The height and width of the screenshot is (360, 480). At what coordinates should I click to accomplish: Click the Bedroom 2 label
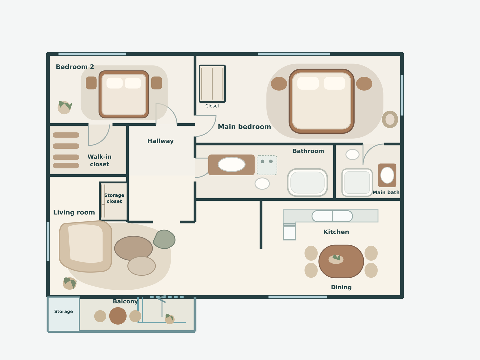coord(75,67)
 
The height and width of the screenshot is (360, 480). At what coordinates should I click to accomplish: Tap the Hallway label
coord(160,141)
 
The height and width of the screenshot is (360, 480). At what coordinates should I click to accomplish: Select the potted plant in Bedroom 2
coord(65,107)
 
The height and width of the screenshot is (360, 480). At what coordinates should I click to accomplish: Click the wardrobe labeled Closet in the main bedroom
coord(212,83)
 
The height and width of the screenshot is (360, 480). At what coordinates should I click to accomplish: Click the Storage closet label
coord(114,198)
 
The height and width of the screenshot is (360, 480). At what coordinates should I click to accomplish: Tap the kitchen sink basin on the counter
coord(332,216)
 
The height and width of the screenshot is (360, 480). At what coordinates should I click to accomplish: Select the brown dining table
coord(341,261)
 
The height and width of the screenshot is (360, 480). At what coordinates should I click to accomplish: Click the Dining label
coord(341,287)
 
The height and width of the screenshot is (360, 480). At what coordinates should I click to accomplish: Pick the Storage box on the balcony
coord(63,314)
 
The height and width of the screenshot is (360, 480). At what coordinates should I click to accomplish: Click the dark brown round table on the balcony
coord(118,316)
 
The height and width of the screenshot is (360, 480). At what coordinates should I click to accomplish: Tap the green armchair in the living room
coord(164,239)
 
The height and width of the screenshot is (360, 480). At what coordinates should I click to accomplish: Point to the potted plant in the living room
coord(70,283)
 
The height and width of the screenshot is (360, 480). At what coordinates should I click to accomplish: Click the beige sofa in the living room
coord(85,246)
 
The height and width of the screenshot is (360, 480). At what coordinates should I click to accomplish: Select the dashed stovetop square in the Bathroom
coord(267,165)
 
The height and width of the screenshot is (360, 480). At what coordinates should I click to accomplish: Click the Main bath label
coord(386,192)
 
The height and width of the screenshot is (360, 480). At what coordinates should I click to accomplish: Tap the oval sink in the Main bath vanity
coord(387,175)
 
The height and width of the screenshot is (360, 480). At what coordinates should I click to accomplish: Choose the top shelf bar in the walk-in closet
coord(66,135)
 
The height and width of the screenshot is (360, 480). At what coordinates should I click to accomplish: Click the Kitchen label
coord(336,232)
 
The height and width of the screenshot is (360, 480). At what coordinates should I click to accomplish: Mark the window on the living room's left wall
coord(48,241)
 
